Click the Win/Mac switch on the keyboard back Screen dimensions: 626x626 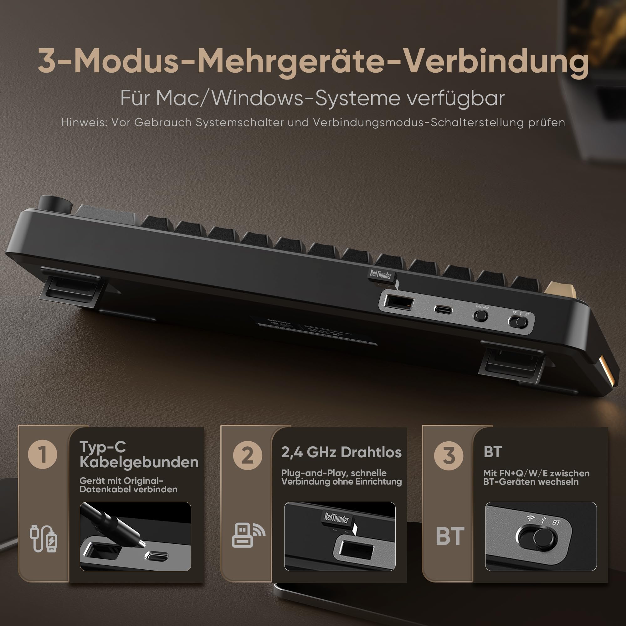click(480, 315)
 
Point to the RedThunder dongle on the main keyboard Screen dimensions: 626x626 click(382, 278)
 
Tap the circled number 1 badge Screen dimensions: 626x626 click(43, 454)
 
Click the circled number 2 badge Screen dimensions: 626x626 click(248, 455)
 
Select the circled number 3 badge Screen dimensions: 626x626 click(449, 455)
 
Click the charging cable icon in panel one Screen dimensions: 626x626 click(44, 538)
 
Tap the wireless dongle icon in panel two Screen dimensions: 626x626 click(248, 535)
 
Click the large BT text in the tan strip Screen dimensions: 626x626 click(450, 536)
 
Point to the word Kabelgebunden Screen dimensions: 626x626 click(139, 462)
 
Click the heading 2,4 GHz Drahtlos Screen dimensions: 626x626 click(341, 452)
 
